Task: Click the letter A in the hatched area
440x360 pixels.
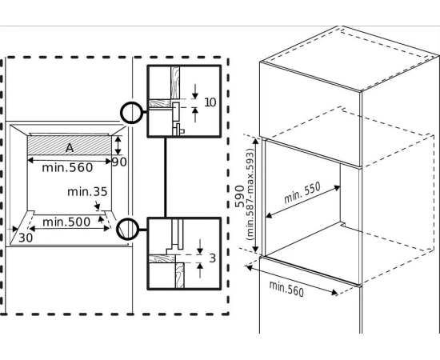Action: (x=70, y=148)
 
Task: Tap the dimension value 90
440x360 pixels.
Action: (x=119, y=162)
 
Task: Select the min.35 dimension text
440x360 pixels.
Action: (x=87, y=192)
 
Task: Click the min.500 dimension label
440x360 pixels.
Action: (x=66, y=222)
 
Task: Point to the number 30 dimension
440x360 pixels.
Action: (x=26, y=238)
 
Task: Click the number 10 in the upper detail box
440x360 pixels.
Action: (x=210, y=102)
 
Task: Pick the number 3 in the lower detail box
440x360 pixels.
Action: (x=213, y=258)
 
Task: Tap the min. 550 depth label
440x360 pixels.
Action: (x=302, y=193)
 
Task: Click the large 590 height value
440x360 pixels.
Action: (x=239, y=196)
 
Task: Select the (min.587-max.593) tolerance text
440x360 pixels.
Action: (x=250, y=194)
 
